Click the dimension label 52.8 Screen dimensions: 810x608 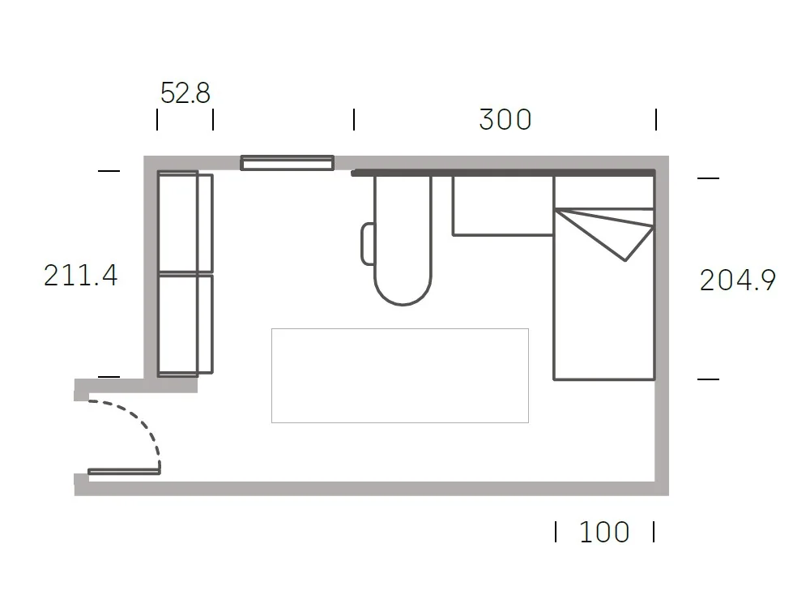coord(185,93)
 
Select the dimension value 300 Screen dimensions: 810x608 coord(505,119)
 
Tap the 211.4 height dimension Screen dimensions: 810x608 coord(80,275)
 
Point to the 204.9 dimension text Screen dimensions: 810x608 coord(738,280)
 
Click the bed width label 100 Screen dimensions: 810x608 coord(604,532)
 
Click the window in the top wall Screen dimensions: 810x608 coord(288,163)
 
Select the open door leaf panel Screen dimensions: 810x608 coord(124,472)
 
